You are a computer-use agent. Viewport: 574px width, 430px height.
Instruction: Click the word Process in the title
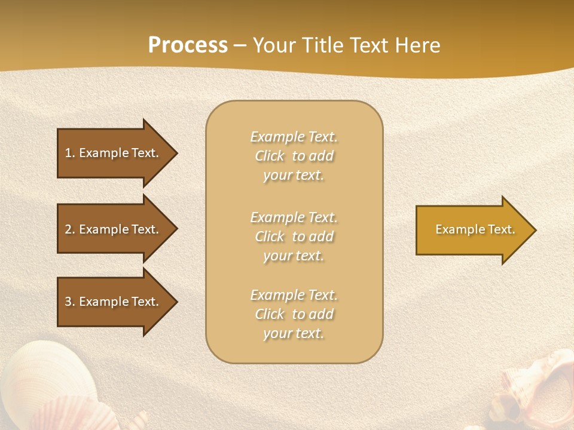click(x=188, y=45)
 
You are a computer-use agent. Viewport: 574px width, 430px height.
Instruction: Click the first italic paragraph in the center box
click(x=294, y=156)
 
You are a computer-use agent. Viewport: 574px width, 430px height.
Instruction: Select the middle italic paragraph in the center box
click(x=294, y=236)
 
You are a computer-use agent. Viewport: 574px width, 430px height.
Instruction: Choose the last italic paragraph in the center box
click(x=294, y=314)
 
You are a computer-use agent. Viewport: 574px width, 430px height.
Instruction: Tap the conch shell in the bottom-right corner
click(x=538, y=388)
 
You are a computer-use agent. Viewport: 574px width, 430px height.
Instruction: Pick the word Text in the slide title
click(x=368, y=45)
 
